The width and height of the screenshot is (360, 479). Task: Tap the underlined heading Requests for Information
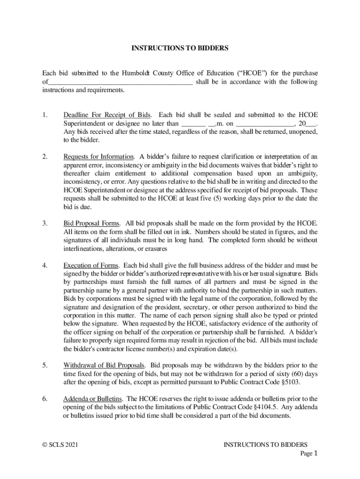99,156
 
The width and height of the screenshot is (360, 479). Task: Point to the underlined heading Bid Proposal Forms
92,223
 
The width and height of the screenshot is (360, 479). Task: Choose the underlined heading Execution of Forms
91,265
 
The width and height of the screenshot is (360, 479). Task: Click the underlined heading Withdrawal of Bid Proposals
104,365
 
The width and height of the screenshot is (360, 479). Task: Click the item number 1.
45,115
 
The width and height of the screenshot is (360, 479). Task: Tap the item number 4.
45,265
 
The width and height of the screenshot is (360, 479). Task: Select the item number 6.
45,399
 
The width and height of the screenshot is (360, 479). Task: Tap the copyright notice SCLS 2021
60,444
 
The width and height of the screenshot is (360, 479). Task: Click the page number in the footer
316,453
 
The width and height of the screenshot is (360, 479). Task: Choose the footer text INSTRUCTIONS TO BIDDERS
265,444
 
